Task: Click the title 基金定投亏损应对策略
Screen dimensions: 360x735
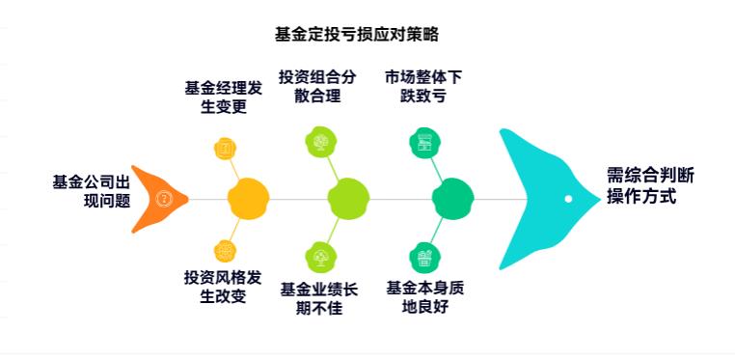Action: click(x=357, y=35)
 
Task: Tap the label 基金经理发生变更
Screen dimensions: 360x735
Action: click(x=223, y=97)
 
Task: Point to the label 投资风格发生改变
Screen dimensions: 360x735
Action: click(x=223, y=287)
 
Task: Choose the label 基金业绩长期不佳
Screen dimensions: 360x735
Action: click(x=318, y=298)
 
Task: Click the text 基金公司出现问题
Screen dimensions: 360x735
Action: click(x=92, y=191)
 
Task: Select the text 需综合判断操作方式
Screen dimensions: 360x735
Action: click(x=649, y=185)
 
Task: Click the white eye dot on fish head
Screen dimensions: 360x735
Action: click(x=568, y=199)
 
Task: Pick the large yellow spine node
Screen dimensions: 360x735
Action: click(x=247, y=199)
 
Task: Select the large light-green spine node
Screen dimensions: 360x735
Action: click(x=348, y=199)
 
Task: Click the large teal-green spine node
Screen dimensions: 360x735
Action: click(x=451, y=199)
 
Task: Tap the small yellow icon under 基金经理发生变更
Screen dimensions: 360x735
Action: click(x=225, y=149)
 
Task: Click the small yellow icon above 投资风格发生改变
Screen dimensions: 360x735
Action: click(x=225, y=251)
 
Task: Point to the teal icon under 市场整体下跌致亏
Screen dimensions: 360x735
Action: click(x=422, y=143)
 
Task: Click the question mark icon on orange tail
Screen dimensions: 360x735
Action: click(x=165, y=200)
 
